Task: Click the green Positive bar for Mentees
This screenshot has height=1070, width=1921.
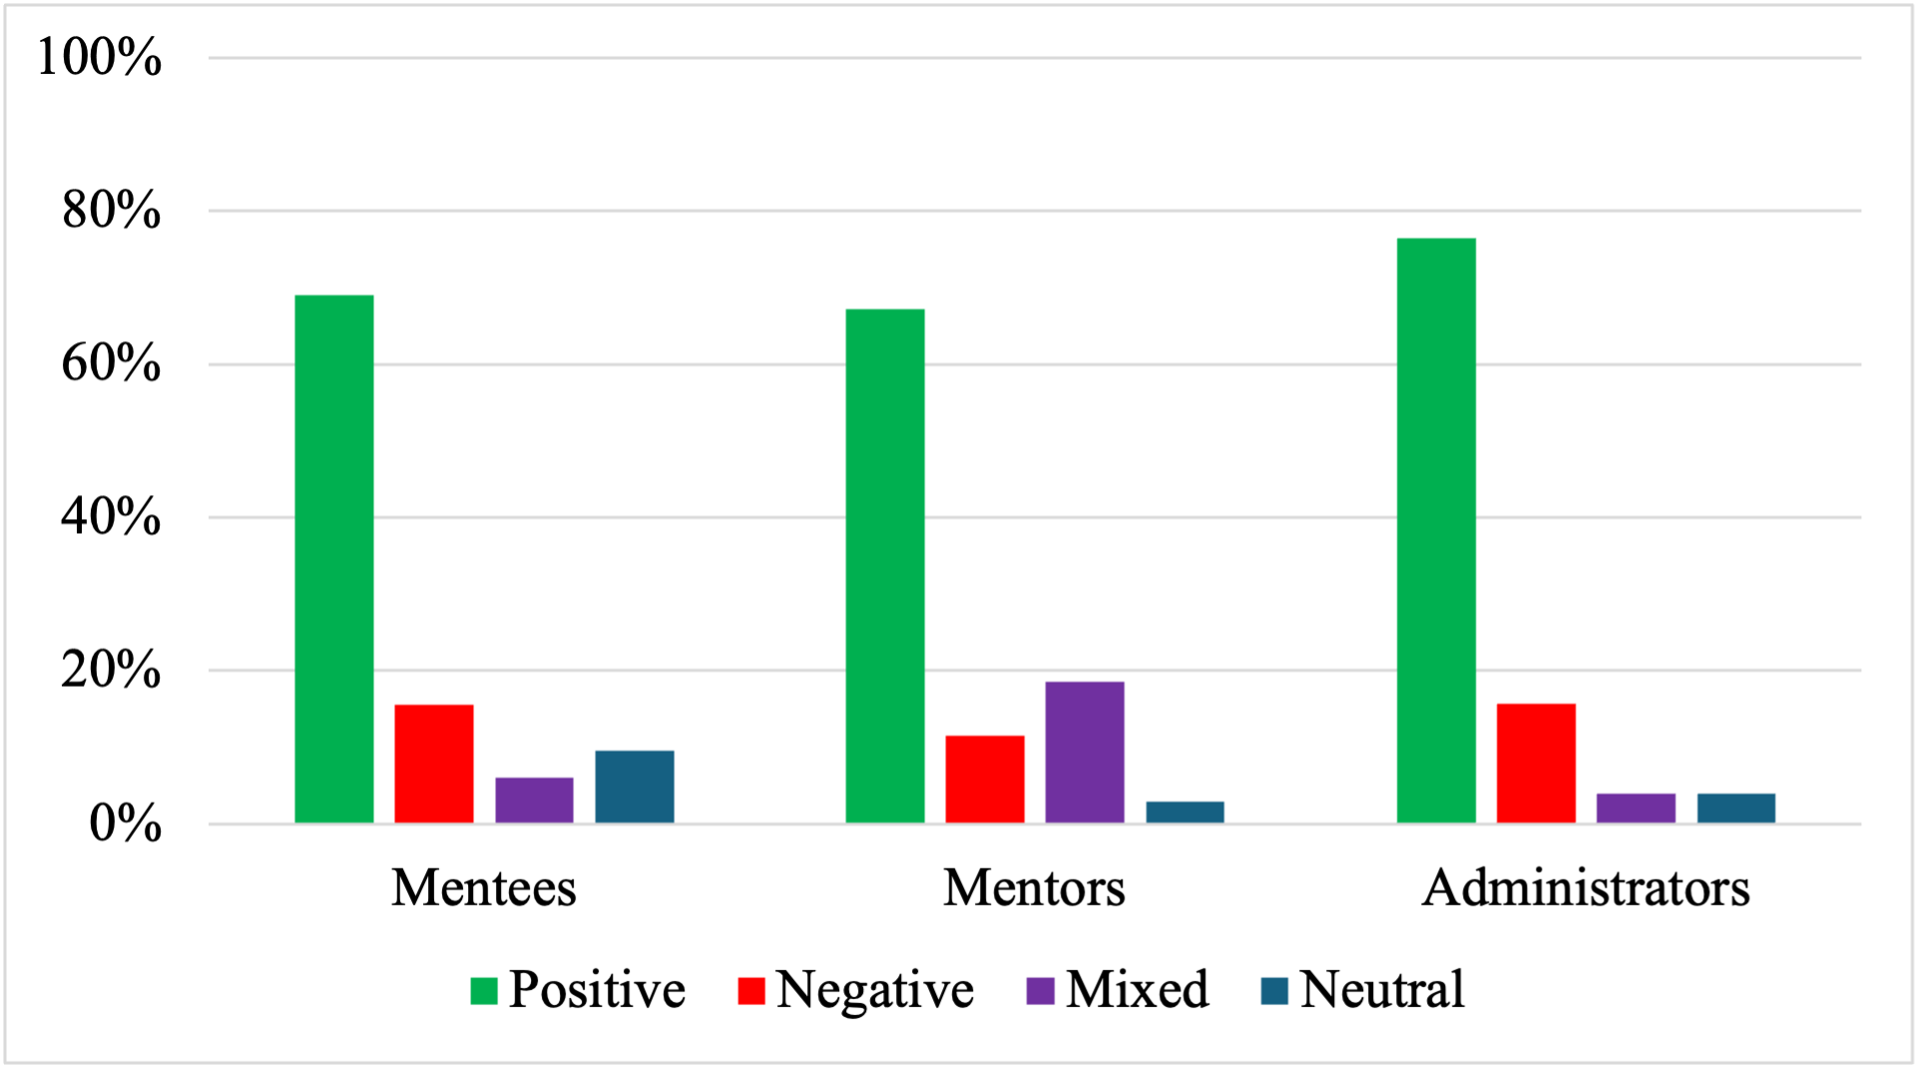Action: (334, 559)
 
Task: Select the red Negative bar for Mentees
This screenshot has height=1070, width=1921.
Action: (434, 764)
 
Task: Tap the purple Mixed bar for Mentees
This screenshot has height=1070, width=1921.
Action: (534, 800)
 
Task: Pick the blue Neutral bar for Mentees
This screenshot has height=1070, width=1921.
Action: (635, 787)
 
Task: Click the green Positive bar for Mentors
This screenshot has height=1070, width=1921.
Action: (885, 566)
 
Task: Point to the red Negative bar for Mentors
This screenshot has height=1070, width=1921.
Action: (985, 779)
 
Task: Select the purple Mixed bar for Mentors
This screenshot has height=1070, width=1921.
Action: (1085, 752)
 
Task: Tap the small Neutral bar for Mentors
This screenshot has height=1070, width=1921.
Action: (1185, 811)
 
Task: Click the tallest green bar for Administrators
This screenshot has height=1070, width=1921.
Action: (1436, 530)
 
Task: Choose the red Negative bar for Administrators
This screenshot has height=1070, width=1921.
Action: (1536, 763)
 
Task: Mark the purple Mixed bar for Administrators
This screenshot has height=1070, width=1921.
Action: (1636, 807)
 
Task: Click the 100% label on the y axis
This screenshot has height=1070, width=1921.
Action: (99, 57)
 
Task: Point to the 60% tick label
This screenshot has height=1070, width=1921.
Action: (111, 363)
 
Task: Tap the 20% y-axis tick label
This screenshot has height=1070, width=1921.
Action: (111, 670)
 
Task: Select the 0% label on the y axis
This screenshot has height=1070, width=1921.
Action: (125, 824)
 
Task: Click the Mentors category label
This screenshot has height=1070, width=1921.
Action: (1034, 887)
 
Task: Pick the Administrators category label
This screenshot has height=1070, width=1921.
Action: (1586, 887)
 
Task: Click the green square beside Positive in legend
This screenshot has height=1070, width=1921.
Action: (484, 990)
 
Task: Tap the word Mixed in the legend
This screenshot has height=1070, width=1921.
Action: (1137, 989)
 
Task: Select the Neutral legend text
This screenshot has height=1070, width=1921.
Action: (1382, 989)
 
